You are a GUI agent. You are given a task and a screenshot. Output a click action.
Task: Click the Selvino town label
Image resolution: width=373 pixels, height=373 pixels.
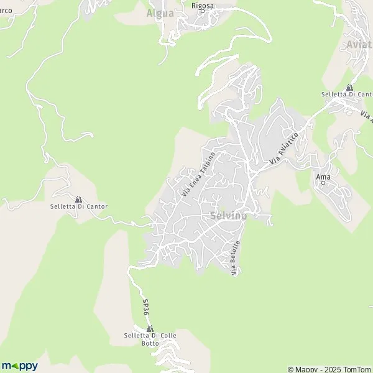click(x=229, y=216)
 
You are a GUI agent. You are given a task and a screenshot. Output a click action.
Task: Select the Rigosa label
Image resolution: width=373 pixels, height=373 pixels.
click(x=202, y=6)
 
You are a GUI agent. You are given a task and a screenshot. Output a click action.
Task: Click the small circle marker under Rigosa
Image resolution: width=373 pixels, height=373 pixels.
click(x=202, y=14)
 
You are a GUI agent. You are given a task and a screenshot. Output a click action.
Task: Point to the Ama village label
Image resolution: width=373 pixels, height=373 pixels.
click(x=323, y=177)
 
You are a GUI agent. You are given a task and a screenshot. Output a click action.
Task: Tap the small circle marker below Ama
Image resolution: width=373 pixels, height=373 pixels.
click(x=323, y=184)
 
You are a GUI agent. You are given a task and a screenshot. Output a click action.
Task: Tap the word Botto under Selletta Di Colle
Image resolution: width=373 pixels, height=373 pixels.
click(x=150, y=343)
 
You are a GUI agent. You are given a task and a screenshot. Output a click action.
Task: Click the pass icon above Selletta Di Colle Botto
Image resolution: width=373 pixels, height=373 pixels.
click(x=150, y=328)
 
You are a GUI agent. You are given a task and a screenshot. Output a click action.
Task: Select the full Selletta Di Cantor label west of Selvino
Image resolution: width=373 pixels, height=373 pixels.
click(x=79, y=206)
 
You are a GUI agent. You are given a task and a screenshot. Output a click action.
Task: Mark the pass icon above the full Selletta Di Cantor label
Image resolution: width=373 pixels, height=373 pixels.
click(x=78, y=199)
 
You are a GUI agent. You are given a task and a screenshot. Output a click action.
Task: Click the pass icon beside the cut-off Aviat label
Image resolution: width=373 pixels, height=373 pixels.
click(x=349, y=87)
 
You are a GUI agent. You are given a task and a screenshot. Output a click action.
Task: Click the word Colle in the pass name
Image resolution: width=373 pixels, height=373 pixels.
click(x=168, y=336)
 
